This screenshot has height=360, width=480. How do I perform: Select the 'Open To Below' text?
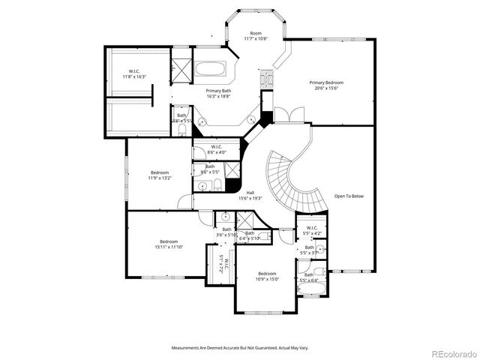349,196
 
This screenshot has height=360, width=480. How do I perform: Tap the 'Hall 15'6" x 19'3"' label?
250,196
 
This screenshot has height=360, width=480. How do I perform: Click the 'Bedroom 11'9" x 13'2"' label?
162,175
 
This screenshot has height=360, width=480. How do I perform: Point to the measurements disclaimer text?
240,347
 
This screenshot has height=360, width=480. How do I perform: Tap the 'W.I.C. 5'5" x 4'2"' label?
309,232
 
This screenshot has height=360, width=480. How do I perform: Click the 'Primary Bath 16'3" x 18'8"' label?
219,93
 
